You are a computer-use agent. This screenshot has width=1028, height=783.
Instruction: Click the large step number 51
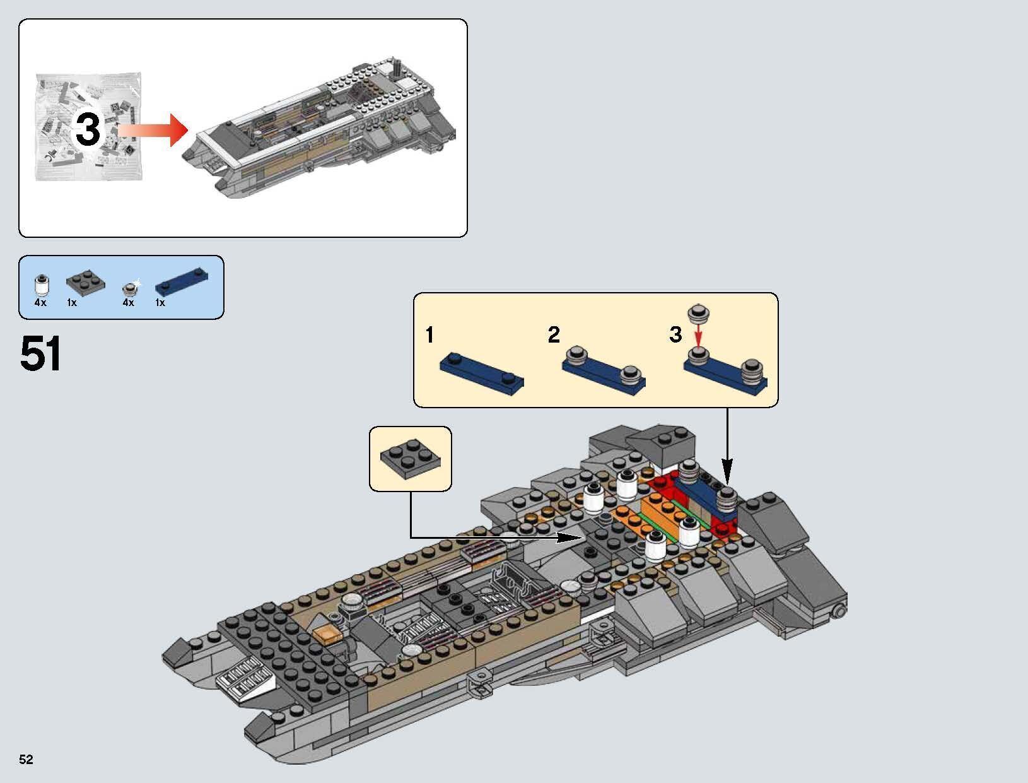[x=41, y=354]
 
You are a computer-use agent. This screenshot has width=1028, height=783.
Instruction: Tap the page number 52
[x=26, y=759]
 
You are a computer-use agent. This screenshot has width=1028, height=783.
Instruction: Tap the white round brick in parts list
[x=41, y=285]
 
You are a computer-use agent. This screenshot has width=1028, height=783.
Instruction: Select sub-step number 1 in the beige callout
[x=429, y=335]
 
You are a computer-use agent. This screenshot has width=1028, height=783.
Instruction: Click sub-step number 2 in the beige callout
[x=554, y=335]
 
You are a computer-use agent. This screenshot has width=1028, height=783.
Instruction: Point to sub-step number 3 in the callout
[x=675, y=335]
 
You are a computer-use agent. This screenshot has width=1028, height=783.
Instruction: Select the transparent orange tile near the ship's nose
[x=329, y=636]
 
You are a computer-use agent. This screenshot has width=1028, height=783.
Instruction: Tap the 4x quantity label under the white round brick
[x=40, y=303]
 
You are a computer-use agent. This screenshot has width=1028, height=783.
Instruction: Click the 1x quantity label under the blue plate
[x=160, y=303]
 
